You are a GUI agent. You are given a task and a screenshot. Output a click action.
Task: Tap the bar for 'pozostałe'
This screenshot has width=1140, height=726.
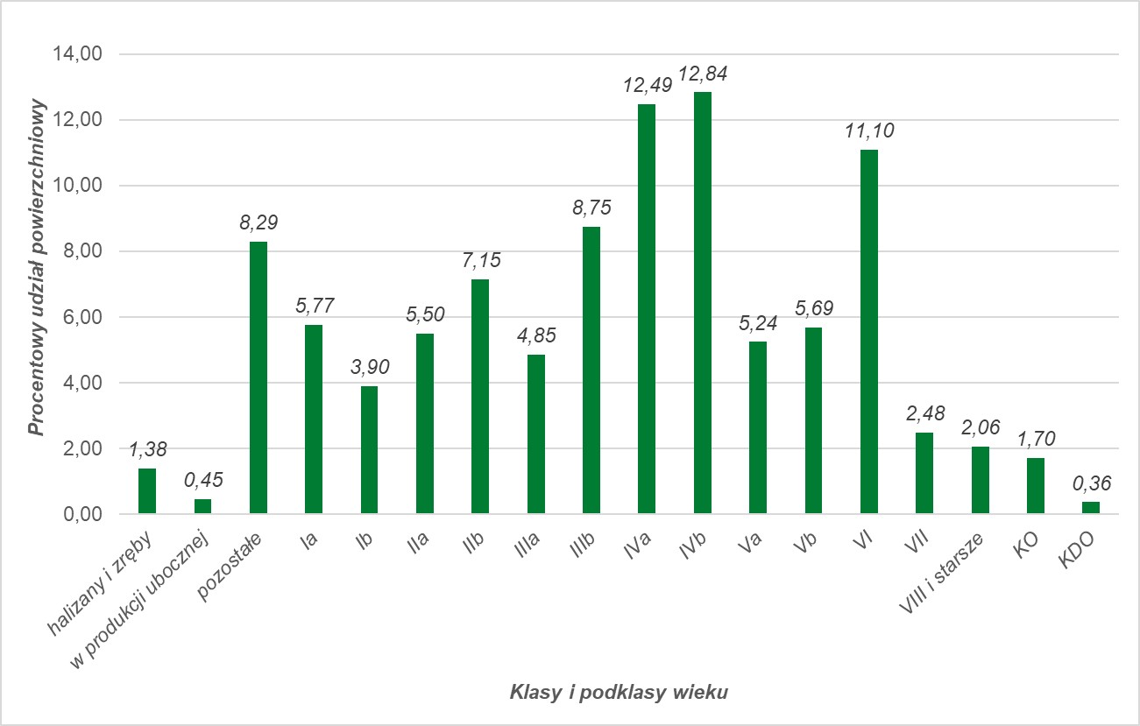(258, 377)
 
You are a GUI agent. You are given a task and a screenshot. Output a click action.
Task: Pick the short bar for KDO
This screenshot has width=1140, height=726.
(1090, 508)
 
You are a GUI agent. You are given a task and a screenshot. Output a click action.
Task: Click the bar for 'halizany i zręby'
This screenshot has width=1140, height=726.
(147, 491)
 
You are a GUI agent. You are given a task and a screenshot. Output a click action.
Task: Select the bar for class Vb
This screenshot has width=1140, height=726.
(813, 420)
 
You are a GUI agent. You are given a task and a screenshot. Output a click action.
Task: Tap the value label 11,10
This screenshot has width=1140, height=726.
(868, 131)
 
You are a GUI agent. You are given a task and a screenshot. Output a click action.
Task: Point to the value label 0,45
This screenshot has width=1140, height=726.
(202, 481)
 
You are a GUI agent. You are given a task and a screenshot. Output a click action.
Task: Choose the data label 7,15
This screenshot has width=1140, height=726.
(480, 261)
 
